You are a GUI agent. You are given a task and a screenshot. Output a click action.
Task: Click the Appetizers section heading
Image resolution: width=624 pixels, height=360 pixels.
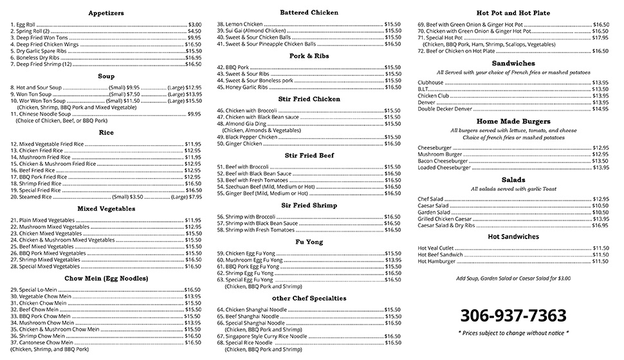106,13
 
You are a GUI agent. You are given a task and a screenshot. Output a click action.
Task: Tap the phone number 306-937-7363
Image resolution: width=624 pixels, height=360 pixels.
513,316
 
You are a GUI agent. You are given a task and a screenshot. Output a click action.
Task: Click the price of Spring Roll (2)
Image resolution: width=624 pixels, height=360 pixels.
194,31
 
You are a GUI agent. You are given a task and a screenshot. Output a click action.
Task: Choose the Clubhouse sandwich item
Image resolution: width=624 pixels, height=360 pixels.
430,82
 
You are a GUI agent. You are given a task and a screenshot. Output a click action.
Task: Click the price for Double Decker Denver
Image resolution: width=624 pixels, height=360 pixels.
600,109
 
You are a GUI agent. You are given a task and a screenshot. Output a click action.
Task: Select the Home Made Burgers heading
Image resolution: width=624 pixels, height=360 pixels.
513,121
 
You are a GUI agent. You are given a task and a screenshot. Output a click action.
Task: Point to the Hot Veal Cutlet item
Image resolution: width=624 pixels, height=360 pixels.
436,248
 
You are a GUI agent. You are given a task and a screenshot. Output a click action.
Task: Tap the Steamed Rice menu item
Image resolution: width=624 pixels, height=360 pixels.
32,197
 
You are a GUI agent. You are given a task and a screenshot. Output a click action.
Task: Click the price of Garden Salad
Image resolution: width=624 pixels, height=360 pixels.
600,212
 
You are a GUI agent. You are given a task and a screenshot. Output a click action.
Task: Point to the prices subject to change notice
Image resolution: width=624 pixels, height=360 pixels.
513,333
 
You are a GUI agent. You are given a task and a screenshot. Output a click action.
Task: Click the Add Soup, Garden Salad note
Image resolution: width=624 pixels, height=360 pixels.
513,278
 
